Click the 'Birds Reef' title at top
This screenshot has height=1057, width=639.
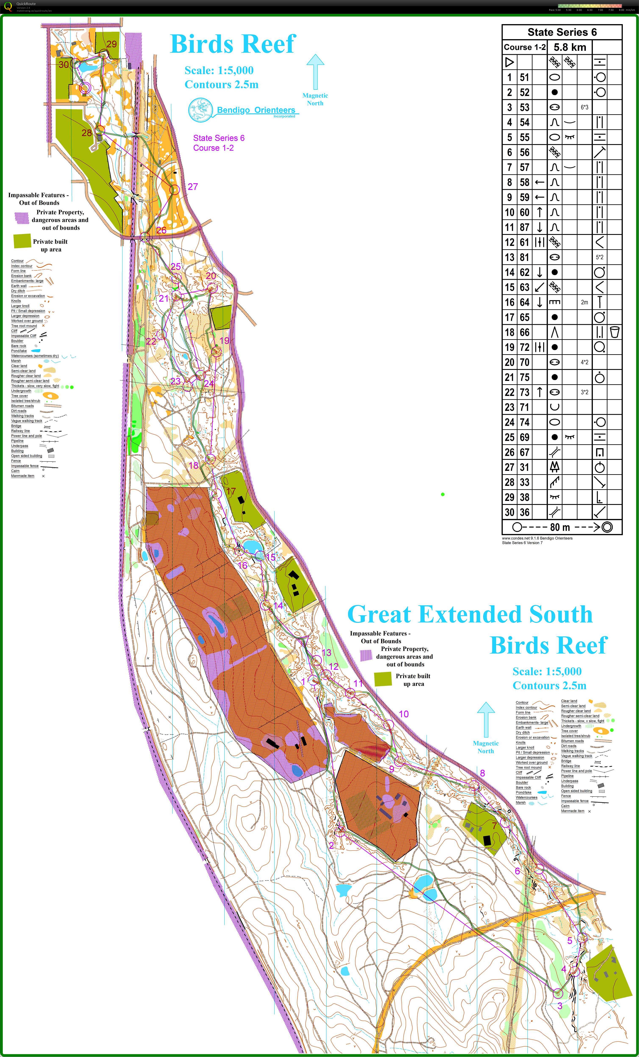click(233, 44)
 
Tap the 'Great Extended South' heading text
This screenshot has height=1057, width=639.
click(470, 614)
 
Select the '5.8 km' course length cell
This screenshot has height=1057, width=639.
click(570, 47)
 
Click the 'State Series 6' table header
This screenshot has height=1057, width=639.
click(562, 32)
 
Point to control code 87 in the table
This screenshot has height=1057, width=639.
click(524, 227)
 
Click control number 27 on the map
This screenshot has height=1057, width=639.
click(193, 187)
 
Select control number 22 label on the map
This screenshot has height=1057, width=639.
click(151, 342)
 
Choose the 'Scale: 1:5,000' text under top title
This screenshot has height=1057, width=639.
click(219, 70)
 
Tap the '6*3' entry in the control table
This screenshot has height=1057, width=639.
click(585, 107)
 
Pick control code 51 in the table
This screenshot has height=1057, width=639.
click(524, 78)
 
